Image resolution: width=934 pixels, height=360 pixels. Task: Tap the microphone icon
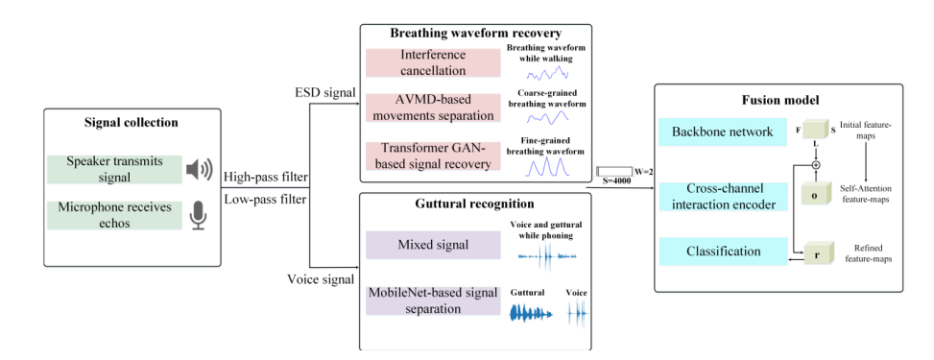[199, 216]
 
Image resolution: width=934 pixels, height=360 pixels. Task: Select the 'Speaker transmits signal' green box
[113, 169]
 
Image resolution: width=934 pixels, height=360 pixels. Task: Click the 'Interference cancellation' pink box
[433, 62]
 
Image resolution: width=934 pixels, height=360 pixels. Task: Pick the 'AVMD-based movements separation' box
[433, 108]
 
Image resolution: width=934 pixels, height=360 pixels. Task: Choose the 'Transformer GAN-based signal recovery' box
[433, 156]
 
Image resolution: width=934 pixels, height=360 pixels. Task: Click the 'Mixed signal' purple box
[433, 245]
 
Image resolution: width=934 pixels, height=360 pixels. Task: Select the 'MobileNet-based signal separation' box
[433, 300]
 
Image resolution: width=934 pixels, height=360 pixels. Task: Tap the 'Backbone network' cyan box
[723, 132]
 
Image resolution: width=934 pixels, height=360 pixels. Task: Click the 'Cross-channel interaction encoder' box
[723, 196]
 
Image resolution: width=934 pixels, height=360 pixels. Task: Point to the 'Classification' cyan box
[723, 252]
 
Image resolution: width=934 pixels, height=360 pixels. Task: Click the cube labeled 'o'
[817, 194]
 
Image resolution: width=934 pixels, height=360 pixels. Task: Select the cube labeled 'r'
[817, 252]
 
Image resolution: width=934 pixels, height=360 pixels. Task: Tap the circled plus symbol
[816, 164]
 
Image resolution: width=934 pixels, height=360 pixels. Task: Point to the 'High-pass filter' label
[265, 177]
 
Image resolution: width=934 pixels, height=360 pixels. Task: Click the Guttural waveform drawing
[532, 313]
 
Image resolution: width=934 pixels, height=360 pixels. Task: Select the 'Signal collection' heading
[132, 123]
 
